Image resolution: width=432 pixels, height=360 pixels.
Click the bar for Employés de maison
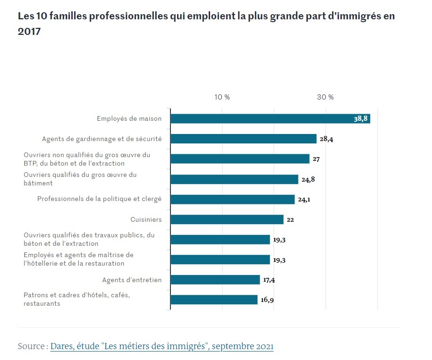coord(270,118)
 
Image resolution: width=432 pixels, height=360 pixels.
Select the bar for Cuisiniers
coord(227,219)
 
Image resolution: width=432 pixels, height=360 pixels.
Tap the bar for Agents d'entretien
coord(215,280)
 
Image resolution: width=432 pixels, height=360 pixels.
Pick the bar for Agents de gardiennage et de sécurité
coord(243,139)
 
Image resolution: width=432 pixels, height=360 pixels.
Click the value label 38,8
coord(360,118)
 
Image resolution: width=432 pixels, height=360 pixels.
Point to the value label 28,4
coord(327,139)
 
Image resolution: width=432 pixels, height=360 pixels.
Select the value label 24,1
coord(304,199)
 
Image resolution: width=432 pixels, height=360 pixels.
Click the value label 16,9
coord(267,300)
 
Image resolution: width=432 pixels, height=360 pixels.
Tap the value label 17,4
coord(269,280)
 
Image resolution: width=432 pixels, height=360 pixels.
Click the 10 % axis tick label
coord(222,97)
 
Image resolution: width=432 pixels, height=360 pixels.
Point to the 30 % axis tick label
coord(325,97)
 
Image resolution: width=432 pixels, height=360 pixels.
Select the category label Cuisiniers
coord(146,219)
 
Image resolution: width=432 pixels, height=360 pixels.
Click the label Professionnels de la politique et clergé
coord(99,199)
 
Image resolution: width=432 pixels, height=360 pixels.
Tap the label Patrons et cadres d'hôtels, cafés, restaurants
coord(76,300)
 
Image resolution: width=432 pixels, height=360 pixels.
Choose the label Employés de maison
coord(129,118)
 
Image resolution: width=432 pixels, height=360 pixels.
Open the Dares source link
coord(161,346)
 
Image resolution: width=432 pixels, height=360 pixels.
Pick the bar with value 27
coord(240,159)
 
